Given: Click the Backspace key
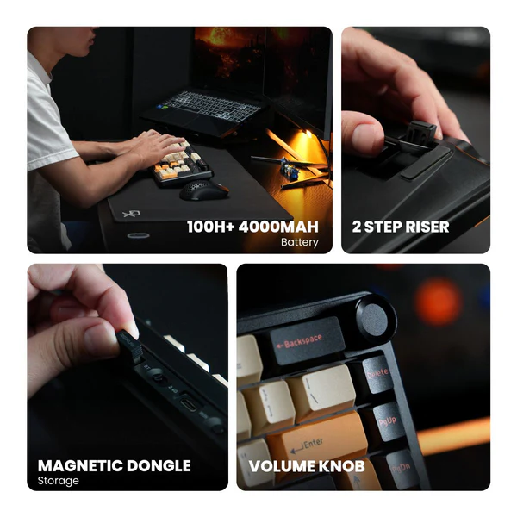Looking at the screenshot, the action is (307, 341).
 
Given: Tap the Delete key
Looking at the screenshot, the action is (377, 374).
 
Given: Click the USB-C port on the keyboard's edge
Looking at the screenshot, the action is (188, 403).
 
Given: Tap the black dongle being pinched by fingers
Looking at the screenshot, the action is (130, 346).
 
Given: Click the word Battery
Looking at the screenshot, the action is (299, 242).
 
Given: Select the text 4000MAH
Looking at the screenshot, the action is (278, 227).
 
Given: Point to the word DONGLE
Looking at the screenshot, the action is (159, 465).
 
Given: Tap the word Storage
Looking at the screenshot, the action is (59, 481).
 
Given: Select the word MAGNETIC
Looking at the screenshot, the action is (80, 465).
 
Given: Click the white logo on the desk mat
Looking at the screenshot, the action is (132, 214).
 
